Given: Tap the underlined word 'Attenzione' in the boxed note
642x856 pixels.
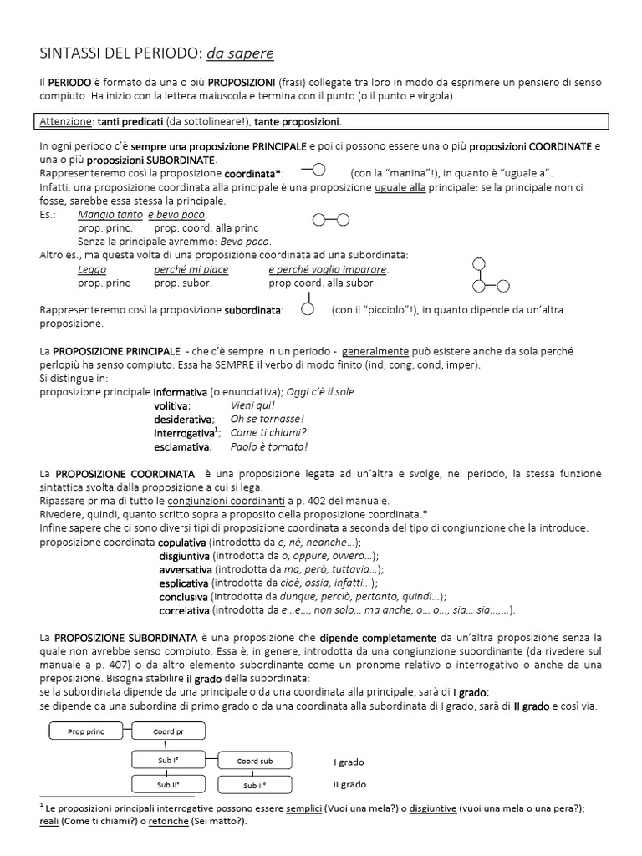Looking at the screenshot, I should click(66, 122).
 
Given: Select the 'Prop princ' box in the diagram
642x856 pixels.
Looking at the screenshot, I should click(86, 732).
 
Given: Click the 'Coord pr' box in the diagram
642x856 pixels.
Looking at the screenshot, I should click(168, 732).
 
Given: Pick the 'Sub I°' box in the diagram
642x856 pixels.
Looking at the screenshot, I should click(168, 760).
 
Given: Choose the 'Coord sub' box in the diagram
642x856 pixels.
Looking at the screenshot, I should click(255, 761).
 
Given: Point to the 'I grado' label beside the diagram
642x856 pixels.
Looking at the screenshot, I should click(349, 762).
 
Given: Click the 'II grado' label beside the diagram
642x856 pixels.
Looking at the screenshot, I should click(350, 784).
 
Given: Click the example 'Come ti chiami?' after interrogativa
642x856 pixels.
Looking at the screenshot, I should click(268, 432).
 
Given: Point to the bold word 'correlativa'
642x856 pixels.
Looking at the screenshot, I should click(184, 609).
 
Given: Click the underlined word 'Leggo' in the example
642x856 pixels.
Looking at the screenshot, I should click(92, 270).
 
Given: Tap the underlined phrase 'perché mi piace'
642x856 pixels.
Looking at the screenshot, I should click(191, 270).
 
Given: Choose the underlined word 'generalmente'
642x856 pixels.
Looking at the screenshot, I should click(375, 351).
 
